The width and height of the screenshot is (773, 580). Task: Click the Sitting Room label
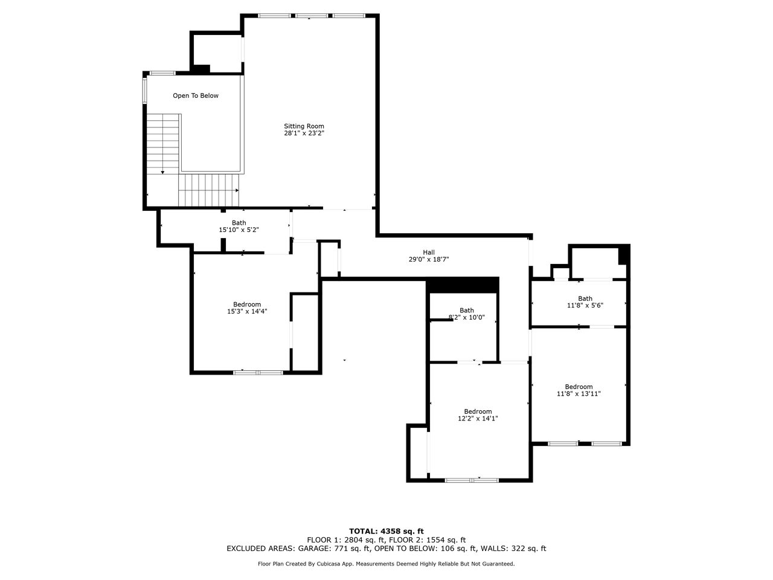tap(304, 126)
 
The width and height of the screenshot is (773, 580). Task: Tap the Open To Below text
tap(196, 96)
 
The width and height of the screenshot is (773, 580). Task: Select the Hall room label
tap(429, 253)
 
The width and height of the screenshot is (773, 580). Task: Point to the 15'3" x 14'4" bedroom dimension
tap(247, 311)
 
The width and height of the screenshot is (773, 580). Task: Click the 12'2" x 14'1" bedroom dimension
tap(478, 418)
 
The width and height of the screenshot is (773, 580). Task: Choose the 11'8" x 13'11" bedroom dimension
tap(579, 394)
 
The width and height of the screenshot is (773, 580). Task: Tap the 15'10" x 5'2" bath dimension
tap(239, 230)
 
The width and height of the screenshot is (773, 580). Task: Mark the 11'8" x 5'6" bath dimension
tap(585, 305)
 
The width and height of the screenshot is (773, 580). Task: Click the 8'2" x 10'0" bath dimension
tap(467, 317)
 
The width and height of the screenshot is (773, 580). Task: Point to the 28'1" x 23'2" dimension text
tap(304, 133)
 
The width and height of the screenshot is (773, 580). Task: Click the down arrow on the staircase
tap(162, 172)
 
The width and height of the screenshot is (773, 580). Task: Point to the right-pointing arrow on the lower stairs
tap(237, 190)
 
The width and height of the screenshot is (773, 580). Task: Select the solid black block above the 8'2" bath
tap(463, 285)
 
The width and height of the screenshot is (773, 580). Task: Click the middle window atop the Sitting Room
tap(311, 16)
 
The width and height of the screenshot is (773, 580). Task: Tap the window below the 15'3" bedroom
tap(258, 372)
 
